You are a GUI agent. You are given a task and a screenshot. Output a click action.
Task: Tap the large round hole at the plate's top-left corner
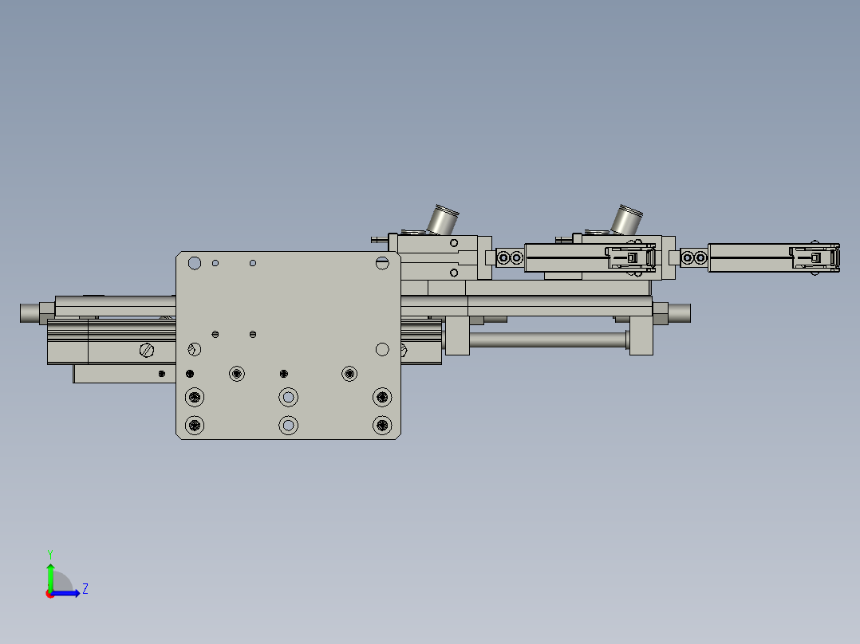point(194,263)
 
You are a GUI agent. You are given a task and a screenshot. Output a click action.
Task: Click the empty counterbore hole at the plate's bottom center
point(288,426)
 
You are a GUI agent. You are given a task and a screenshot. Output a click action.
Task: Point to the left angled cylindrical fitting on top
point(442,219)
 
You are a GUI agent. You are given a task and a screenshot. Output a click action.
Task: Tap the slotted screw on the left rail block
point(146,349)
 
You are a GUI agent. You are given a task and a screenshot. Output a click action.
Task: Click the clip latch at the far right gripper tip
point(816,257)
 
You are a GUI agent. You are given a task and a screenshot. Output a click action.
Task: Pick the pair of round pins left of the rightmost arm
point(694,257)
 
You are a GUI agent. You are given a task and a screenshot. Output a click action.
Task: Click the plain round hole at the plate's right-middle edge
point(382,349)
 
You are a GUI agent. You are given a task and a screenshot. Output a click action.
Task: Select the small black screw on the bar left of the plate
point(162,373)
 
